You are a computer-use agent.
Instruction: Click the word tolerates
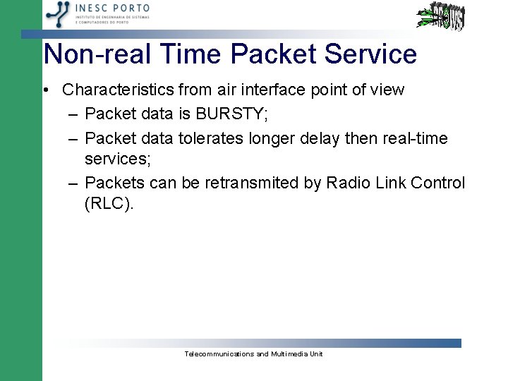pos(211,138)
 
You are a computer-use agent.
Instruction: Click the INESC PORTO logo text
pos(113,8)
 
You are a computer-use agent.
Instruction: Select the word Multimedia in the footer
pos(289,353)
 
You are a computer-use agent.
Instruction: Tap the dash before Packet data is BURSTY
pos(74,114)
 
